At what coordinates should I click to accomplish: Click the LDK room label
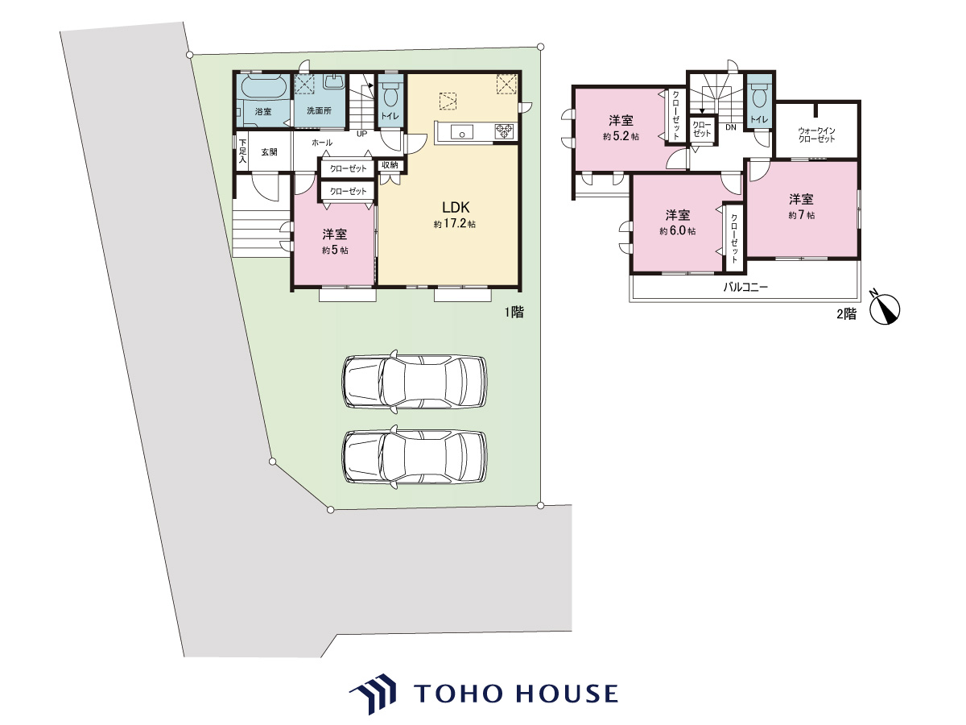[456, 207]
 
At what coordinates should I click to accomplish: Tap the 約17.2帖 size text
[455, 224]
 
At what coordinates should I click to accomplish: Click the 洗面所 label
[319, 111]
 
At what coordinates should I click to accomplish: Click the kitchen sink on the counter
[461, 132]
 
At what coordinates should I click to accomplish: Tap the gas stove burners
[505, 131]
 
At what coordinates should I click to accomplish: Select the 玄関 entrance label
[270, 152]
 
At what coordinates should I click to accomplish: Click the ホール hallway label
[322, 143]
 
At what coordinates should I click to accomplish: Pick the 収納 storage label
[390, 165]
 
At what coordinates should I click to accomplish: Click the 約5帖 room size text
[334, 250]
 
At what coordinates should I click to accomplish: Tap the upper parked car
[415, 382]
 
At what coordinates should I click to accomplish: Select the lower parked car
[415, 457]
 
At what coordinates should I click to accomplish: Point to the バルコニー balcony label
[745, 288]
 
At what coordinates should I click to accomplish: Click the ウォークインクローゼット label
[816, 135]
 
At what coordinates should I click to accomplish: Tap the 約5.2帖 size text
[621, 136]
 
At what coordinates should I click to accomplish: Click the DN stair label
[731, 127]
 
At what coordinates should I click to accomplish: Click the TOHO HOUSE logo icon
[373, 694]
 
